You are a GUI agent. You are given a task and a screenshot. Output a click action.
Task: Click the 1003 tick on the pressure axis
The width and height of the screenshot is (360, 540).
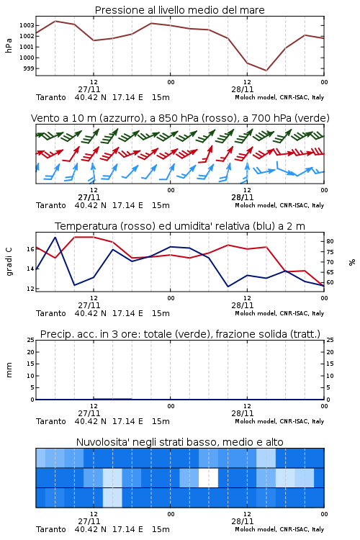[27, 25]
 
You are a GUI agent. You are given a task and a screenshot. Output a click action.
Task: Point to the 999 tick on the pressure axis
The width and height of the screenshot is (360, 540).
[29, 68]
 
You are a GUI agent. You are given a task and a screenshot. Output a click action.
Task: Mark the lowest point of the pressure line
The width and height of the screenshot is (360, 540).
[266, 71]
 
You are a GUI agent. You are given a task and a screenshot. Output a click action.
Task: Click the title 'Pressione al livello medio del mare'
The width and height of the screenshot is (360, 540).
[179, 10]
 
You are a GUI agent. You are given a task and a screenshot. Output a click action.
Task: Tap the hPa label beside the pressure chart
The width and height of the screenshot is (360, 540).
[9, 46]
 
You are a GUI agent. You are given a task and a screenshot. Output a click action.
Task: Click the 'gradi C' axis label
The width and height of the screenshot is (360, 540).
[9, 262]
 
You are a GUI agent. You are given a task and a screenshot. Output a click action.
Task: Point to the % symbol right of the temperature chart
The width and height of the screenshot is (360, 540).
[352, 262]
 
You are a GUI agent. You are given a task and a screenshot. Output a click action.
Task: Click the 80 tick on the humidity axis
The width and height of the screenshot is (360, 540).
[330, 241]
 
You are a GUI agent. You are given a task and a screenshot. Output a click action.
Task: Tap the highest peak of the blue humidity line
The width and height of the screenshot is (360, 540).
[55, 237]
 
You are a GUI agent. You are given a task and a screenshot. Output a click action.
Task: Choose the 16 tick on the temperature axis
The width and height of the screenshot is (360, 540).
[30, 249]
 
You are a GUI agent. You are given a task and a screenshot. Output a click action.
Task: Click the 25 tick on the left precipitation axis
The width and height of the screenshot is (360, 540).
[30, 341]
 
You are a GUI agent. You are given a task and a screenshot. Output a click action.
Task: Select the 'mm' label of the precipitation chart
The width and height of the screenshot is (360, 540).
[9, 370]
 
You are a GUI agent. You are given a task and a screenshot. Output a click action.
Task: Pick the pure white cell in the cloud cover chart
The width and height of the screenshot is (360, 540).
[208, 477]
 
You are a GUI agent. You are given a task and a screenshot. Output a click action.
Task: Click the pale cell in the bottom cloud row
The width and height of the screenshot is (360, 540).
[112, 498]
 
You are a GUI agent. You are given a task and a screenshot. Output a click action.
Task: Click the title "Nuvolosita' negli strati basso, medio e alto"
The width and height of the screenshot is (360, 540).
[179, 442]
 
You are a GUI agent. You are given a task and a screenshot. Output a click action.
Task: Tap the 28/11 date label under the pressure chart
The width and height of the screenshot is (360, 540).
[243, 89]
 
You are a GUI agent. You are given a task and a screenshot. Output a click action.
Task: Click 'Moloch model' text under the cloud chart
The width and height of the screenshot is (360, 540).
[255, 529]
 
